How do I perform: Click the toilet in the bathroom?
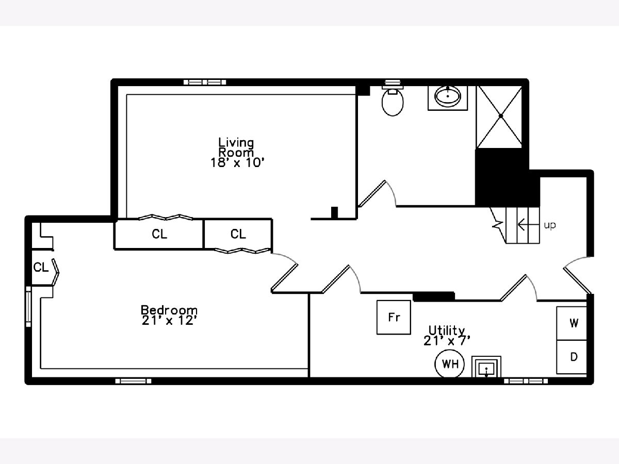393,102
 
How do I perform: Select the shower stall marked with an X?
499,117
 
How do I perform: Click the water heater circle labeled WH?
449,363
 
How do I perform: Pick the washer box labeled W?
572,323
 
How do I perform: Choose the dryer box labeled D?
572,357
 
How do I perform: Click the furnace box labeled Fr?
394,317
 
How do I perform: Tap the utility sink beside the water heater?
486,367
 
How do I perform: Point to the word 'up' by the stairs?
550,225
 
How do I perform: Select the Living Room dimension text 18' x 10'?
237,163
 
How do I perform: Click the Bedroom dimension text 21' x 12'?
169,321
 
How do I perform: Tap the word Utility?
447,330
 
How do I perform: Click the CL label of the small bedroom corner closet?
41,267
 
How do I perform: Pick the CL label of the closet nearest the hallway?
238,234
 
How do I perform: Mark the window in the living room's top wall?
205,82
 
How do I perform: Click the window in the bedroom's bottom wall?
134,381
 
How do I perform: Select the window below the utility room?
526,381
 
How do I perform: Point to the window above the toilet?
393,82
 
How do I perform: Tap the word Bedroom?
169,310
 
